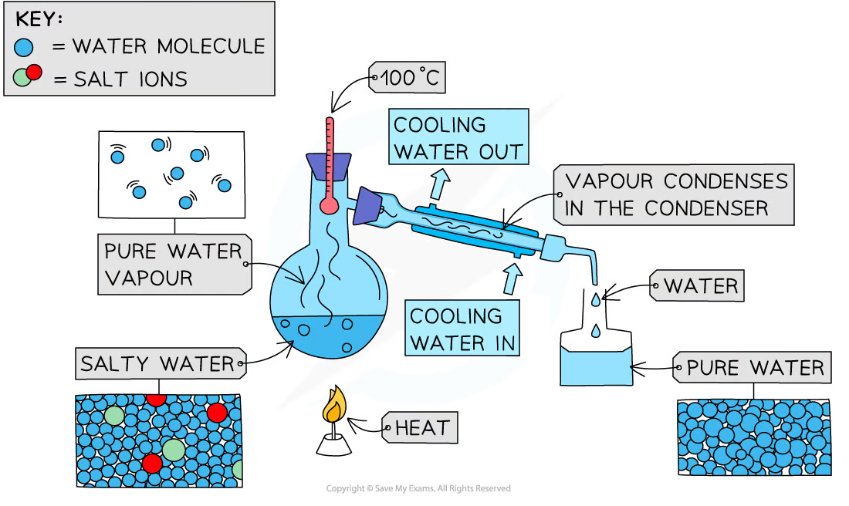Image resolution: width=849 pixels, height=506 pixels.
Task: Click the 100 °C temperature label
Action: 408,78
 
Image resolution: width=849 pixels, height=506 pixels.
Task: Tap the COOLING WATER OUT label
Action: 459,137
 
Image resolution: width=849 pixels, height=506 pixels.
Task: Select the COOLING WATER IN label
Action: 462,329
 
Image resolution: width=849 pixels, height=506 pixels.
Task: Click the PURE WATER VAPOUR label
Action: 173,265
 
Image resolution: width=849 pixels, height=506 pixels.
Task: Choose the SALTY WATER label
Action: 157,363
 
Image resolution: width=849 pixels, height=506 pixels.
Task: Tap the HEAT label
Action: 422,428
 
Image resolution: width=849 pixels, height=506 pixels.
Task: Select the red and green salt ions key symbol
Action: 28,76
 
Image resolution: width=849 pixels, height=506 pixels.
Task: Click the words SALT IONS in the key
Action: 130,78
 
